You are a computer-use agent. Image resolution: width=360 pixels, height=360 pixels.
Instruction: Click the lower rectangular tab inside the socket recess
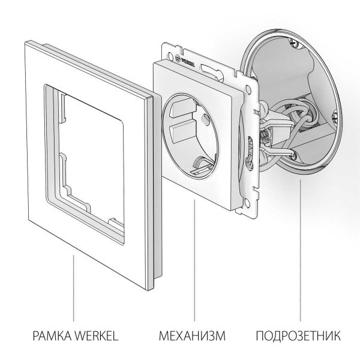(182, 128)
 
